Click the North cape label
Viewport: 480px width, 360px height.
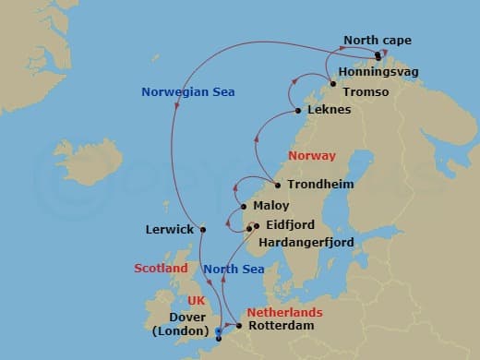(x=378, y=41)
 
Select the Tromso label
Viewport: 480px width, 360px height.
(x=368, y=92)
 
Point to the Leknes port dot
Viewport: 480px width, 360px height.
(x=297, y=112)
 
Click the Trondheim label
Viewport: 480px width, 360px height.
(x=320, y=185)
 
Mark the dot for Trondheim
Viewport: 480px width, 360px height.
(x=278, y=185)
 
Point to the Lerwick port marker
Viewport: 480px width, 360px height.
(x=202, y=229)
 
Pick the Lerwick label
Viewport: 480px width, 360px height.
(x=168, y=229)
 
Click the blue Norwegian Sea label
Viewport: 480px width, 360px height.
(x=188, y=91)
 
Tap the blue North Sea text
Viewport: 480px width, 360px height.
(x=234, y=269)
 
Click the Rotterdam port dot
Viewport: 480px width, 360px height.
(x=239, y=326)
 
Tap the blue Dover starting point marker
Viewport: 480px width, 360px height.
(x=218, y=331)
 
